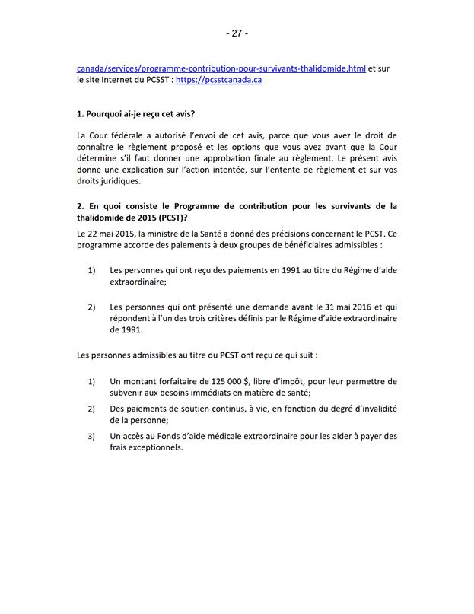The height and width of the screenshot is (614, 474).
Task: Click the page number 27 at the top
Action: (x=237, y=33)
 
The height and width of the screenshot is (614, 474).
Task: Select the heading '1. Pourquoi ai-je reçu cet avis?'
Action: (x=136, y=114)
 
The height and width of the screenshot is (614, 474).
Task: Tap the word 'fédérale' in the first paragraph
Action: (x=124, y=135)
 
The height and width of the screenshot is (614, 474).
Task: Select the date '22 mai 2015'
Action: (x=110, y=234)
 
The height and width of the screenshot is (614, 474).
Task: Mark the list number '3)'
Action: (x=91, y=436)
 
